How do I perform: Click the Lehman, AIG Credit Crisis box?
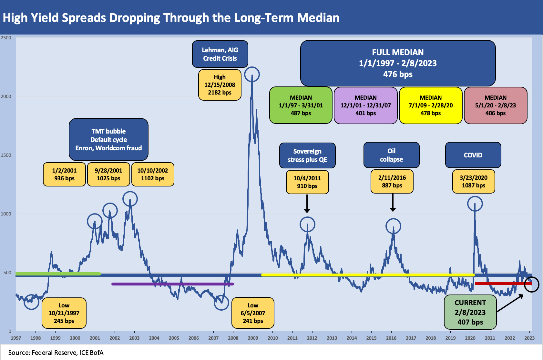[x=220, y=54]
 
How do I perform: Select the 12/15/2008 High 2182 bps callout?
[x=220, y=85]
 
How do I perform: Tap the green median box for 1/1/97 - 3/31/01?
[x=301, y=105]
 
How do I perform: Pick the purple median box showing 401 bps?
[x=365, y=105]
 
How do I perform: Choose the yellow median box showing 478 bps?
[x=430, y=105]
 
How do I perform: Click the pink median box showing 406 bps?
[x=495, y=105]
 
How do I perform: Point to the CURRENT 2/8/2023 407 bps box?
[x=470, y=312]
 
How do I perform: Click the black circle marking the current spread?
[x=531, y=285]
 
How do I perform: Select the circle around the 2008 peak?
[x=252, y=75]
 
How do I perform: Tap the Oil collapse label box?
[x=391, y=155]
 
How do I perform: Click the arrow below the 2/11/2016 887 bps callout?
[x=393, y=203]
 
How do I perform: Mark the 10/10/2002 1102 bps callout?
[x=153, y=174]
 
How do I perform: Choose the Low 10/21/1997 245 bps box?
[x=64, y=313]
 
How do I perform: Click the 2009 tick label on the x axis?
[x=253, y=338]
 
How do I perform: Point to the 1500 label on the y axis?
[x=6, y=155]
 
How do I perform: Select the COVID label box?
[x=473, y=155]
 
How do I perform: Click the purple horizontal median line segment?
[x=172, y=284]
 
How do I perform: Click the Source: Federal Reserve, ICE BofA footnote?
[x=56, y=353]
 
